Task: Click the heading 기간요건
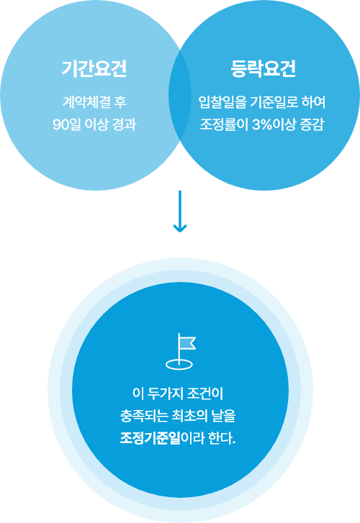click(x=94, y=69)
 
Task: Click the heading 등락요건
click(x=264, y=69)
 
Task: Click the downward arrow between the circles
click(x=180, y=211)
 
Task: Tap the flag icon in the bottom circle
click(x=181, y=351)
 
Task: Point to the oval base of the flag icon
click(x=179, y=364)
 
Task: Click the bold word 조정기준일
click(x=150, y=437)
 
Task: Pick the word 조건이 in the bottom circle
click(x=204, y=394)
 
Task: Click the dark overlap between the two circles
click(x=180, y=95)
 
